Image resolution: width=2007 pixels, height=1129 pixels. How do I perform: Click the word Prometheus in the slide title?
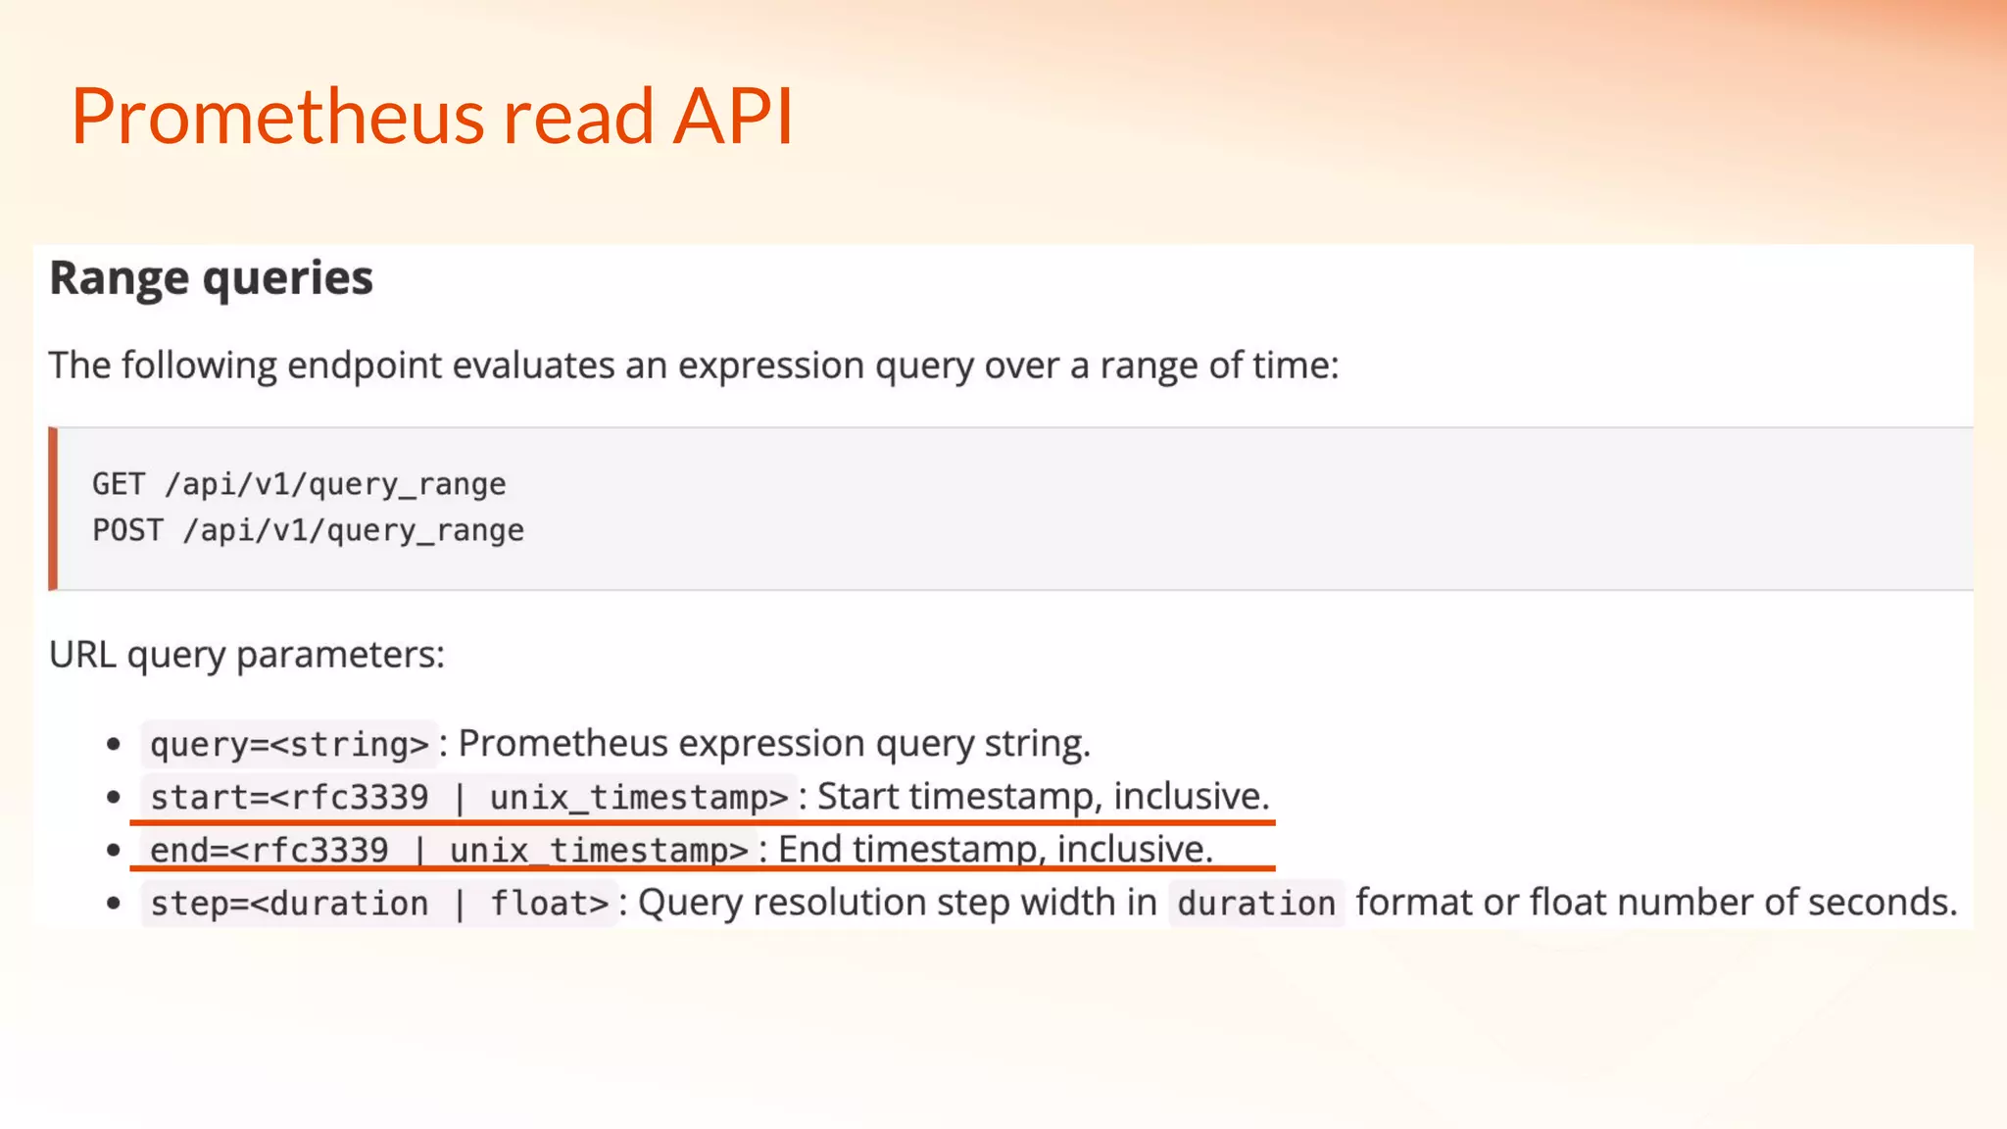pyautogui.click(x=276, y=117)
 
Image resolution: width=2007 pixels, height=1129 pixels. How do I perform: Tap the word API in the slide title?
pyautogui.click(x=732, y=117)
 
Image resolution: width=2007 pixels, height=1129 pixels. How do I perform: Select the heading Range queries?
pyautogui.click(x=211, y=278)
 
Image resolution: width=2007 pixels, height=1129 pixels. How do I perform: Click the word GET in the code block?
pyautogui.click(x=119, y=484)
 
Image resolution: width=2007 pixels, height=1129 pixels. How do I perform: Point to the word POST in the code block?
pyautogui.click(x=127, y=530)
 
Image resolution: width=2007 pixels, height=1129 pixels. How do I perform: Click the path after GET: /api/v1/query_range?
pyautogui.click(x=335, y=484)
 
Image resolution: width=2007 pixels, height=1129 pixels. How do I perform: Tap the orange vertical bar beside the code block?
pyautogui.click(x=53, y=509)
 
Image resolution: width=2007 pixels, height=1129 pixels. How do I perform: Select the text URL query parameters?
pyautogui.click(x=246, y=655)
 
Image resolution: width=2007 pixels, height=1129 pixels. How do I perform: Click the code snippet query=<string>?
pyautogui.click(x=289, y=744)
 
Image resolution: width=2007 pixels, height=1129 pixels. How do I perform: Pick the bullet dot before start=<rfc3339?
pyautogui.click(x=114, y=797)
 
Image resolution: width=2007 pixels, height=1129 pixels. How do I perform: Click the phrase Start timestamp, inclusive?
pyautogui.click(x=1043, y=796)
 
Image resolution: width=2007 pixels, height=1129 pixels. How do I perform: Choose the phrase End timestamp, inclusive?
pyautogui.click(x=995, y=849)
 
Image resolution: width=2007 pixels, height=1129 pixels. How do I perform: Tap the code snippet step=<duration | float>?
pyautogui.click(x=379, y=903)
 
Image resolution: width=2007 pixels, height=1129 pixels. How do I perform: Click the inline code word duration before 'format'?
pyautogui.click(x=1256, y=903)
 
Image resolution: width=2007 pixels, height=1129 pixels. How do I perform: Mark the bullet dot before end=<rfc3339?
pyautogui.click(x=114, y=850)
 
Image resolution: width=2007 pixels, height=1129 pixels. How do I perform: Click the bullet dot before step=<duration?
pyautogui.click(x=114, y=903)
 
